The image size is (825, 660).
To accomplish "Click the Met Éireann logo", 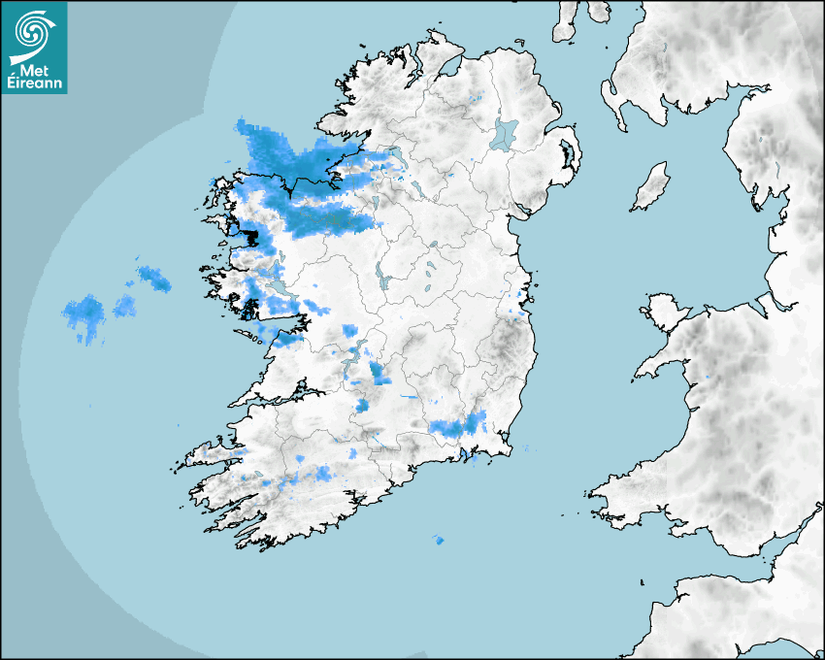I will tap(34, 47).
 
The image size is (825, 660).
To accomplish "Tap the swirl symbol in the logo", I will tap(33, 33).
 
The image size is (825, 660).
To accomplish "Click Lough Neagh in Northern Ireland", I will tap(505, 133).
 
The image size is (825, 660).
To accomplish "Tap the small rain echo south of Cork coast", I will tap(439, 540).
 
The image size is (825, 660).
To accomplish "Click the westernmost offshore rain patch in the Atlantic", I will tap(84, 315).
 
